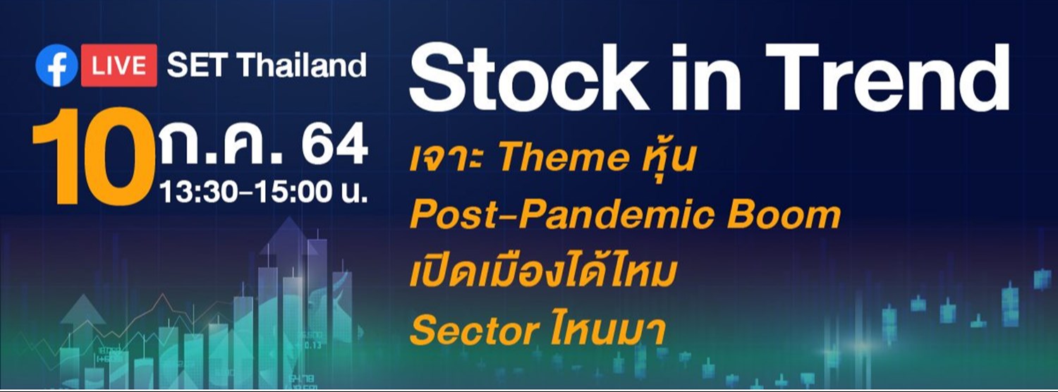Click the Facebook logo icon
(x=56, y=66)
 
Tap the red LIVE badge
(x=118, y=66)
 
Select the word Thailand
(x=301, y=66)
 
